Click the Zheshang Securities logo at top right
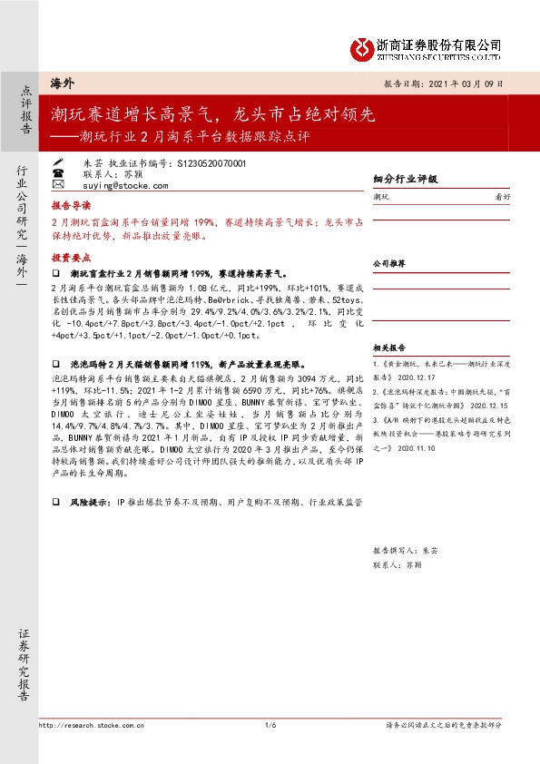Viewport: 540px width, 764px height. [427, 48]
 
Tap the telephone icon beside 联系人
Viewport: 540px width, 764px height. [59, 173]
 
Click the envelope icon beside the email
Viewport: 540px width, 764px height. [59, 185]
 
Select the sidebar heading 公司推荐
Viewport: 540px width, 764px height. [388, 263]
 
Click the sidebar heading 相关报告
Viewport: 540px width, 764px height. [388, 348]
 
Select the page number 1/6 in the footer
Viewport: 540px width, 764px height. [270, 724]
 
